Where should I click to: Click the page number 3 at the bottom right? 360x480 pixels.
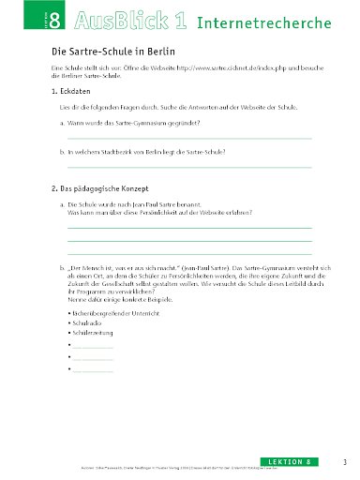click(x=345, y=461)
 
